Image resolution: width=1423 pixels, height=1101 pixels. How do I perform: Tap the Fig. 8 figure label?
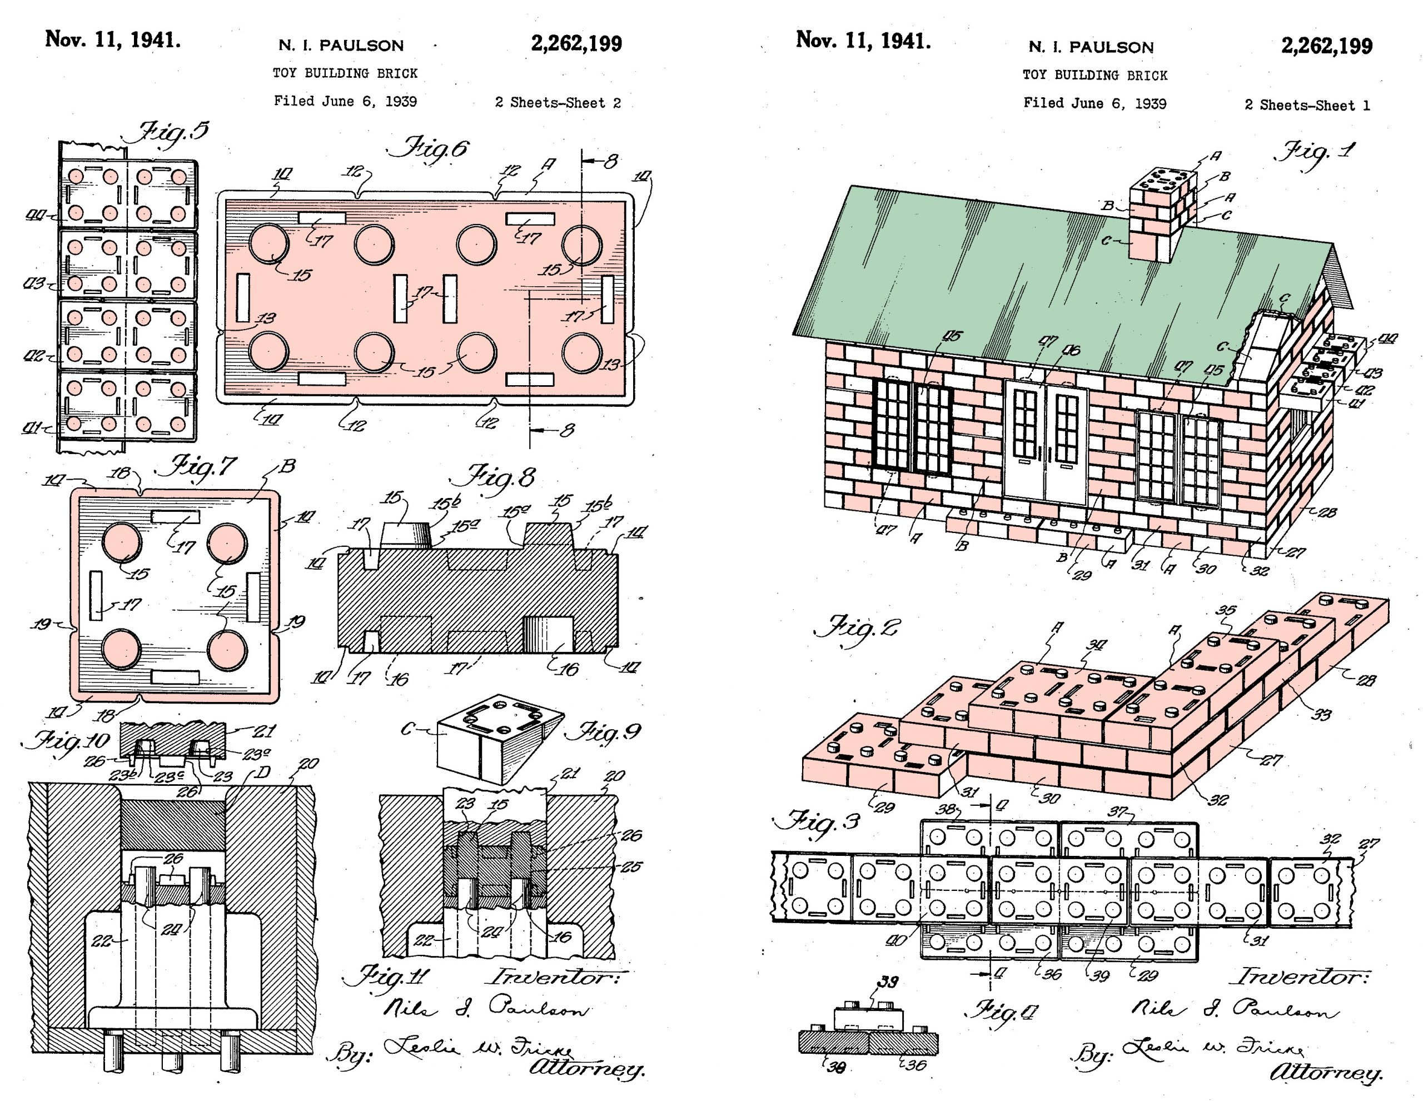click(502, 477)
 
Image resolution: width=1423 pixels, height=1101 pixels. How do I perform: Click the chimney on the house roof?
click(1163, 213)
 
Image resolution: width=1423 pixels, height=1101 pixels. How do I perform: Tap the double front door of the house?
click(1046, 443)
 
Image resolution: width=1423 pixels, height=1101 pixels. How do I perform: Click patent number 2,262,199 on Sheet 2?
click(576, 44)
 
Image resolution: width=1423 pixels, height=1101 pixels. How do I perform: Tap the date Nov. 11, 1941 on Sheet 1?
click(863, 41)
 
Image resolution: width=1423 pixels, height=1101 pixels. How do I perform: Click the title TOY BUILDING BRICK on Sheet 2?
click(345, 73)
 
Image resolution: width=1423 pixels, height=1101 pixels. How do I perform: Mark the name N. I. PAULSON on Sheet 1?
click(1091, 47)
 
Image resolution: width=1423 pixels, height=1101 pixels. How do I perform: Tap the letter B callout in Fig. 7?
click(288, 466)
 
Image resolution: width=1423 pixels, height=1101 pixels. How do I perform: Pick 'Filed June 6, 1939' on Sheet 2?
click(345, 102)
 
